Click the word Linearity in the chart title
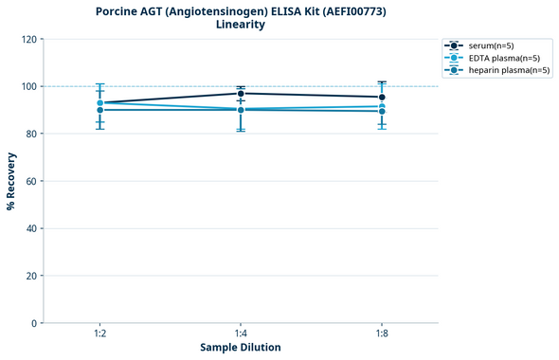(241, 25)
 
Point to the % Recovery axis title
(11, 181)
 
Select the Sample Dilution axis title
(241, 348)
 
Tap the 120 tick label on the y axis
(28, 39)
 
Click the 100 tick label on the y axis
(28, 86)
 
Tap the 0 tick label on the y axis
(34, 323)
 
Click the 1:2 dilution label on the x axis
(99, 333)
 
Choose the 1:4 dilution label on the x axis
(241, 333)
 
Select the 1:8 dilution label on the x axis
(382, 333)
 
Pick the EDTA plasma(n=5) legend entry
(502, 58)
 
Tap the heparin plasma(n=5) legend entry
(508, 70)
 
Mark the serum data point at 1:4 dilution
(241, 93)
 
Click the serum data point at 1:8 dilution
(382, 97)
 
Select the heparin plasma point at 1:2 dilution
(99, 110)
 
